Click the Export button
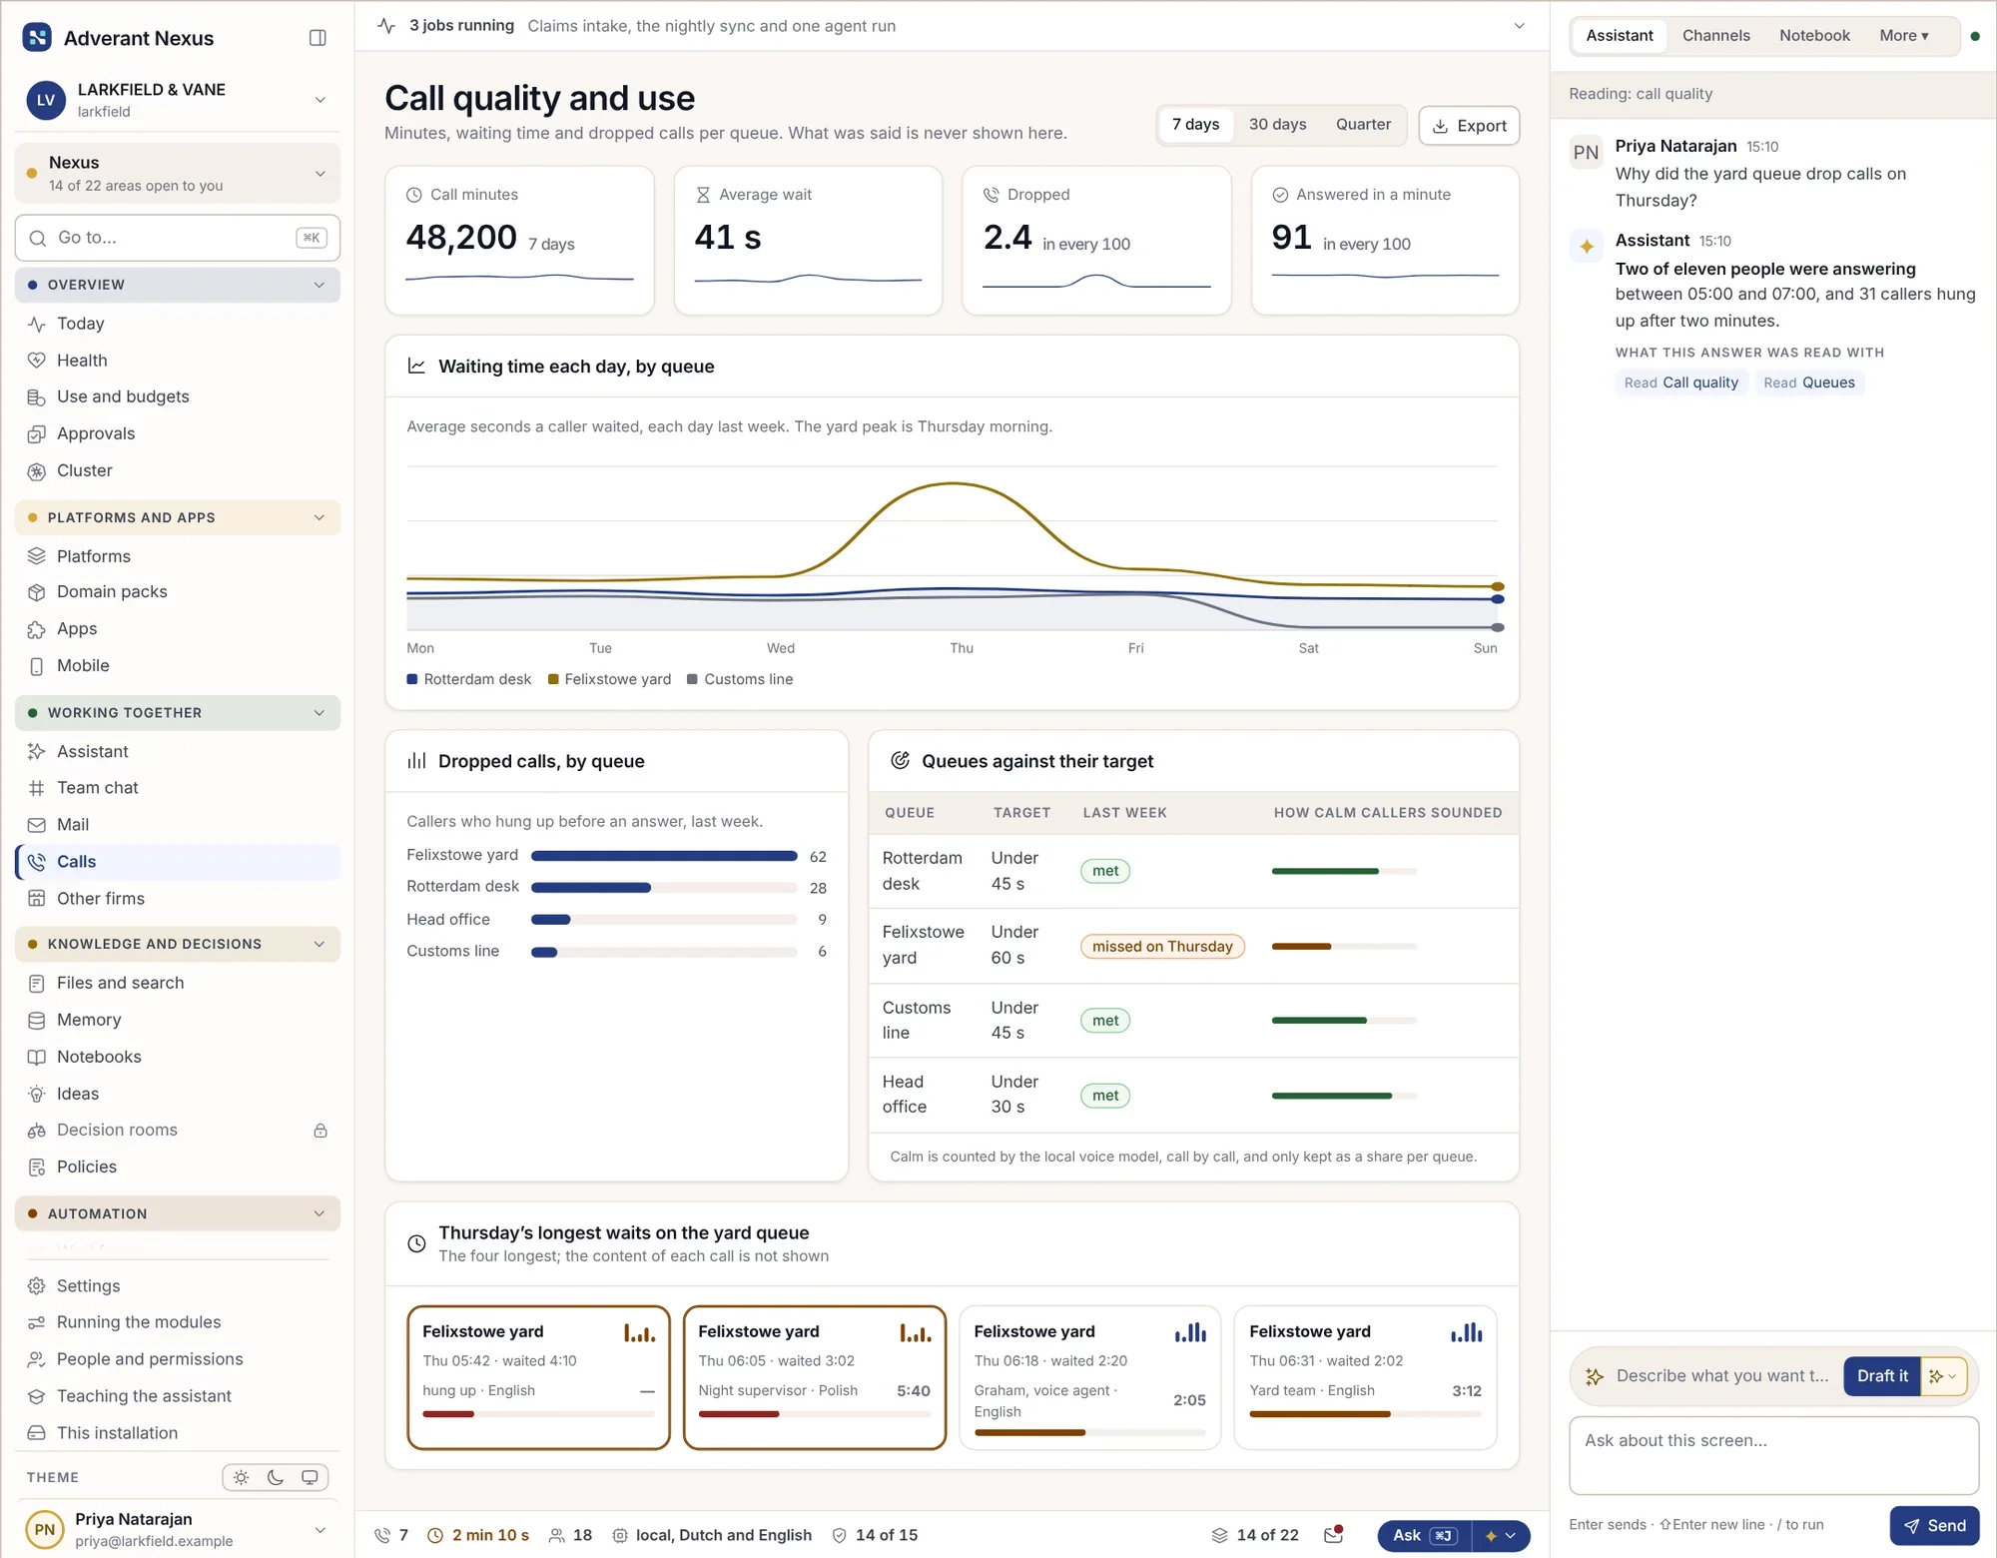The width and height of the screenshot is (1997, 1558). coord(1469,126)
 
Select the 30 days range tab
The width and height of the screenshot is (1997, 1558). coord(1277,125)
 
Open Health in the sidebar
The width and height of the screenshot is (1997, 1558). coord(82,361)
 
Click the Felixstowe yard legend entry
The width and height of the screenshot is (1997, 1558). coord(609,679)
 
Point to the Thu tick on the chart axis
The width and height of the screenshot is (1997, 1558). coord(962,648)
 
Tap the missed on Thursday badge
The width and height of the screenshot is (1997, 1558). coord(1162,946)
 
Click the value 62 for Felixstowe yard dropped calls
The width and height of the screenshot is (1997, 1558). coord(818,857)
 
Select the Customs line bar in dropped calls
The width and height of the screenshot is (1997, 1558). coord(544,952)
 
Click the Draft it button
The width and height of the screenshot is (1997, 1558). coord(1882,1376)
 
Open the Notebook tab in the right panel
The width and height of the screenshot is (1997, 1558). coord(1814,36)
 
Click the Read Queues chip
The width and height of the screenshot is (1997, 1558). coord(1808,383)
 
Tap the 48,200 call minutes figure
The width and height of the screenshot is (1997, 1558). coord(461,238)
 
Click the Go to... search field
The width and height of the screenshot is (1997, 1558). coord(178,238)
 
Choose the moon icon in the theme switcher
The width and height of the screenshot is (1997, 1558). coord(276,1478)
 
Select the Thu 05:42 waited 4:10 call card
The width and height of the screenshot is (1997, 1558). coord(539,1377)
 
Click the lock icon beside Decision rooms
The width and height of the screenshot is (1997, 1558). coord(321,1131)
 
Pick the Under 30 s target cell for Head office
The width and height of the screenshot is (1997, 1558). coord(1014,1095)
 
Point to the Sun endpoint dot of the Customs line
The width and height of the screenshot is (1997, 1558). coord(1498,627)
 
